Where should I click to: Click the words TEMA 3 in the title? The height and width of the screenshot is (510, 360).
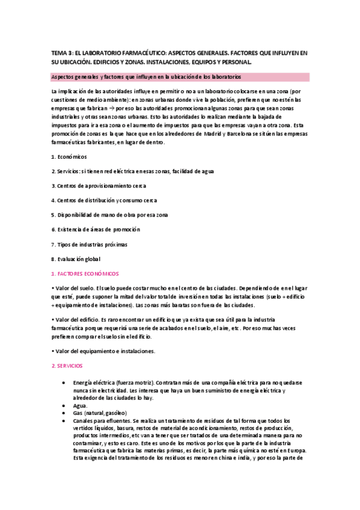[63, 53]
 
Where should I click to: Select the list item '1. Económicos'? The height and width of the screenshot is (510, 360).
[69, 156]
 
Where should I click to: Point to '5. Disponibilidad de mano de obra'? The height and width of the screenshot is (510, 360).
[109, 215]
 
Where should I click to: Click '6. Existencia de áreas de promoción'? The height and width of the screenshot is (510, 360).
[96, 229]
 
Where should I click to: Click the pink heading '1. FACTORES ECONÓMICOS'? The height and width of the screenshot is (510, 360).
[85, 273]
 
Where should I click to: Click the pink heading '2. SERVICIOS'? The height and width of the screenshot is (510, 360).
[67, 366]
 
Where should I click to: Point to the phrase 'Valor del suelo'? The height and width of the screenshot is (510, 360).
[74, 288]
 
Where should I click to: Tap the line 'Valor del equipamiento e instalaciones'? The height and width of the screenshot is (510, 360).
[105, 351]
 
